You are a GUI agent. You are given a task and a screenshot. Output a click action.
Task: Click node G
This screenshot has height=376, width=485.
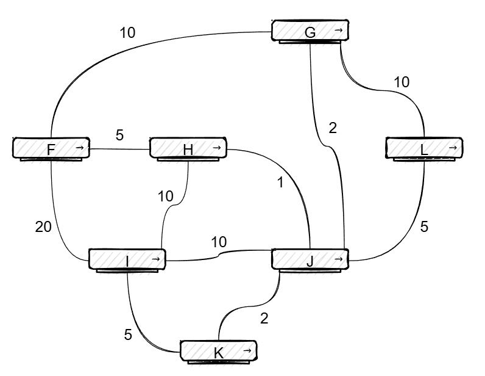[310, 32]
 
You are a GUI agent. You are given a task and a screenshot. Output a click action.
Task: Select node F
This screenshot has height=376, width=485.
[51, 149]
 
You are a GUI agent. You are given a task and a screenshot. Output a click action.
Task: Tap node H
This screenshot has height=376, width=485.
[188, 149]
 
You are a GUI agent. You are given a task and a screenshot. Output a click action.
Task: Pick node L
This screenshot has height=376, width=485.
[425, 149]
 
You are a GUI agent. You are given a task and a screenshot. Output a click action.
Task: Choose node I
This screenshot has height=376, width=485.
[127, 261]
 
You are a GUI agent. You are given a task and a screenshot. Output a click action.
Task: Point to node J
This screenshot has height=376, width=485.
[310, 261]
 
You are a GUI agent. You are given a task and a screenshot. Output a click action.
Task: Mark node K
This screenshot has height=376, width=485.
[218, 352]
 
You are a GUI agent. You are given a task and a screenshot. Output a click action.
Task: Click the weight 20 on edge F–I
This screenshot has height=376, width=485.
[44, 227]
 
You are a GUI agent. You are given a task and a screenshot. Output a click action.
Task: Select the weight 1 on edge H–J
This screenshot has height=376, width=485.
[280, 182]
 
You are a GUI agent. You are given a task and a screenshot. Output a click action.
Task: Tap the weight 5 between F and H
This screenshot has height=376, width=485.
[119, 136]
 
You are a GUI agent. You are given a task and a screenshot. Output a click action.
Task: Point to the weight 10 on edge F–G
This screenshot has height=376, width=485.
[127, 33]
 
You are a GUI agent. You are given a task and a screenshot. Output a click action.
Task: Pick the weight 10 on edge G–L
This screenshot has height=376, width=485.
[402, 82]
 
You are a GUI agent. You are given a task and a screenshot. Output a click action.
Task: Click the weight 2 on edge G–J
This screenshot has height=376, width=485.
[333, 128]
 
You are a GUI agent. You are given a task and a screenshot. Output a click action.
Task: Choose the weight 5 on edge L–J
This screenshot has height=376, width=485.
[425, 226]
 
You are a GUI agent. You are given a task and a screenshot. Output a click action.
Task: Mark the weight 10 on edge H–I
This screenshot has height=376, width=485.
[166, 196]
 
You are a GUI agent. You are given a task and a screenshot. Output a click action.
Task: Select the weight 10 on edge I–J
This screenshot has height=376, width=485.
[219, 242]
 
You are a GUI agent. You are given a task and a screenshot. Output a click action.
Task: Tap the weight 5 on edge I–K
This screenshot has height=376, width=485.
[128, 334]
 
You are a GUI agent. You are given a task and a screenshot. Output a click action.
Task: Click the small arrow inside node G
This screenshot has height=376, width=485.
[339, 30]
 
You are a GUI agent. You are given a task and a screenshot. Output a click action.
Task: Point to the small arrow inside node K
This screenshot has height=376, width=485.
[247, 351]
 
